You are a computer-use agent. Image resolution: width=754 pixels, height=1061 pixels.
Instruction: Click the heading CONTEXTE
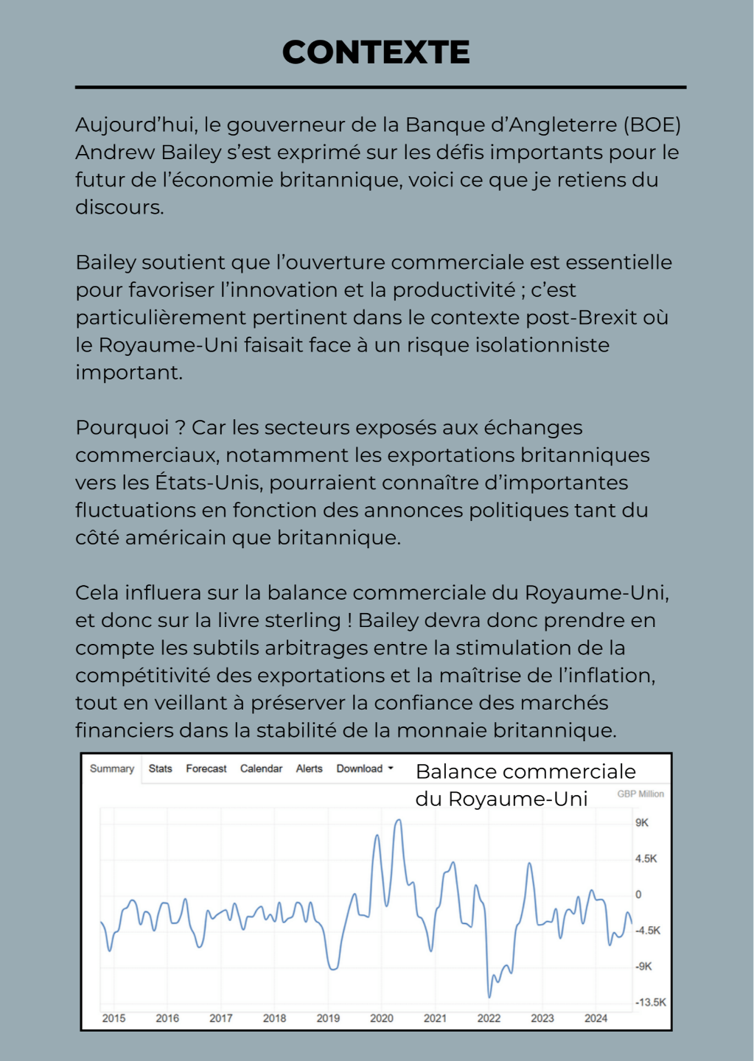376,52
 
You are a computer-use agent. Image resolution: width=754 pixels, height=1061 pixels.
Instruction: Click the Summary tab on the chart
112,768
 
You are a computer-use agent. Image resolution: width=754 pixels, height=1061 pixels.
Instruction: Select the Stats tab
160,768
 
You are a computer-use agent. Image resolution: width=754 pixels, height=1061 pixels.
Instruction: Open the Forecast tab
206,768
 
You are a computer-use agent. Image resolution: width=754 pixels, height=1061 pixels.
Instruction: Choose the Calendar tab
261,768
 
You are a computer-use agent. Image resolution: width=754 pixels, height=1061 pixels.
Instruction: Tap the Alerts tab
309,768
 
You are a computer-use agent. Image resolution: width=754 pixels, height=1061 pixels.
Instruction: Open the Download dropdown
365,768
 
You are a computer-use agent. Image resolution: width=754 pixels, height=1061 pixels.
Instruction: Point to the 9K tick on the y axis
642,822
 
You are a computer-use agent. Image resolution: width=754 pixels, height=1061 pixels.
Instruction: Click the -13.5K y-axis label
651,1002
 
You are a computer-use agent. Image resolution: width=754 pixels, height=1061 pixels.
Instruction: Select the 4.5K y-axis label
646,858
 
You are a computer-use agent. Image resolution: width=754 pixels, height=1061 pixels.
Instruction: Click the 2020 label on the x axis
381,1018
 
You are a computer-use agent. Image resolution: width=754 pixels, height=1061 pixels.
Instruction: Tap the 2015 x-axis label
114,1018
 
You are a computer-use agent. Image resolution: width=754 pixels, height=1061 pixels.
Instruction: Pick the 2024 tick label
596,1018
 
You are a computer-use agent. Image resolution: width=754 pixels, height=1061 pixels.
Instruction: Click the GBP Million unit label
640,794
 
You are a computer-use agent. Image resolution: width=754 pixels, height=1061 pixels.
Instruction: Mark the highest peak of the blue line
399,820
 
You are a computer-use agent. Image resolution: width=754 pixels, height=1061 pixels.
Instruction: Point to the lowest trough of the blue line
489,996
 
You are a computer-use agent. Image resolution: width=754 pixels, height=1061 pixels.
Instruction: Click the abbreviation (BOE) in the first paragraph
652,125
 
